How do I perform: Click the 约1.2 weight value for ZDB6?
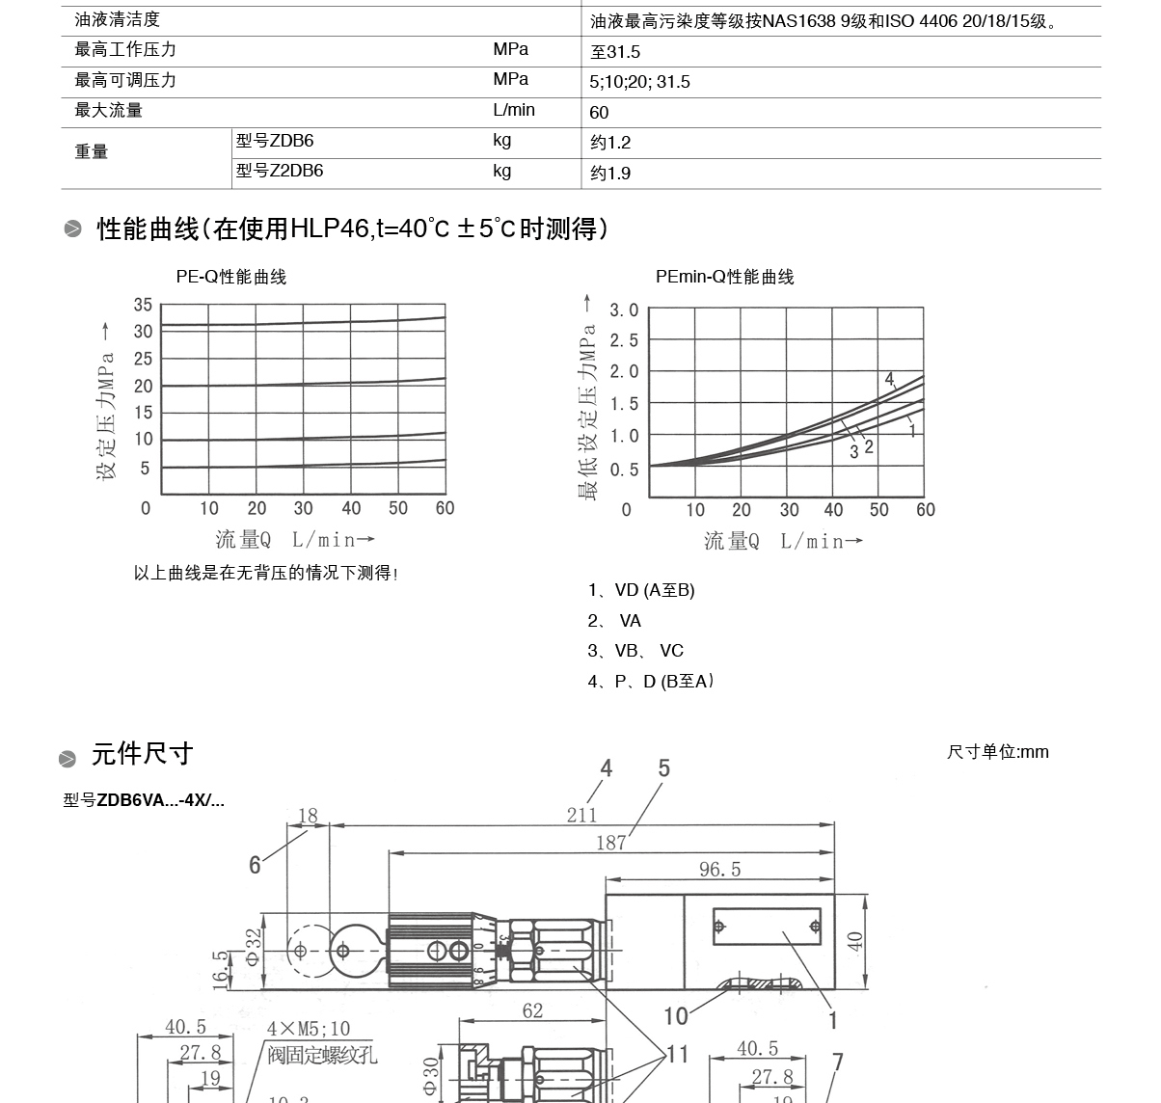pos(610,143)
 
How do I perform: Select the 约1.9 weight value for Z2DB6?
pos(610,174)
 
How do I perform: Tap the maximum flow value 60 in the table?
pos(599,113)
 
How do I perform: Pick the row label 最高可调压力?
pos(125,80)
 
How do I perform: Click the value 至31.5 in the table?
pos(615,52)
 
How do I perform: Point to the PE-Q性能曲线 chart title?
pos(231,277)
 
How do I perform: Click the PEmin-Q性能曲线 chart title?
pos(724,277)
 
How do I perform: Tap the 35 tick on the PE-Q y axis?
pos(143,305)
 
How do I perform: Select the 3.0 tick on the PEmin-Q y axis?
pos(624,309)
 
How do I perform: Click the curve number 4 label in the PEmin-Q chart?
pos(889,379)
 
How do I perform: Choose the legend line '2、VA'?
pos(615,621)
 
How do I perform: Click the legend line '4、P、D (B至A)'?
pos(651,682)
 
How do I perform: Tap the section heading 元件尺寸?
pos(142,754)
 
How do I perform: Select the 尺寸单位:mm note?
pos(997,752)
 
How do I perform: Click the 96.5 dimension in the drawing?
pos(719,870)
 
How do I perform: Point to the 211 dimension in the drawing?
pos(581,815)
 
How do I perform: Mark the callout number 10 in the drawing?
pos(676,1015)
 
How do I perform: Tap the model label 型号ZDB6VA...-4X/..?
pos(144,800)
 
